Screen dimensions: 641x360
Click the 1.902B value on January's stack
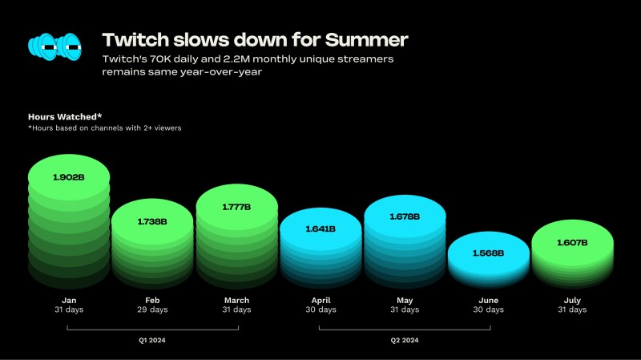[x=69, y=177]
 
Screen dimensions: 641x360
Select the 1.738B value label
[x=152, y=222]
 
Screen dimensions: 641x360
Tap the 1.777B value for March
[x=236, y=207]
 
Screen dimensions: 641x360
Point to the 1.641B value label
[x=320, y=229]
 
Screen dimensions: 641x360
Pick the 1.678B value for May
[x=405, y=216]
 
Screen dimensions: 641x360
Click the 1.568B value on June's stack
[x=488, y=253]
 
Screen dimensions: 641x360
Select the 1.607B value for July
[x=572, y=243]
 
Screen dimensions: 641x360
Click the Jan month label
[x=69, y=301]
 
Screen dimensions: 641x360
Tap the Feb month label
[x=152, y=301]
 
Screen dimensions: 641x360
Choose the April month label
[x=321, y=301]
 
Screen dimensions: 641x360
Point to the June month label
[x=489, y=301]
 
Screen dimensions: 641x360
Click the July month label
[x=572, y=301]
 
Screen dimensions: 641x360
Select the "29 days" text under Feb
[x=152, y=309]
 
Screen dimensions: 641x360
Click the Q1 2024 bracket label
[x=152, y=340]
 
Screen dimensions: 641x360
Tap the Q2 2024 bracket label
[x=405, y=340]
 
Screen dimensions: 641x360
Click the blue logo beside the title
[x=54, y=47]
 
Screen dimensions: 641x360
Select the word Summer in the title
[x=367, y=40]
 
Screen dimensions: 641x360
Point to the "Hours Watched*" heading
[x=65, y=117]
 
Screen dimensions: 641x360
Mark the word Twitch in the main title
[x=135, y=40]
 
